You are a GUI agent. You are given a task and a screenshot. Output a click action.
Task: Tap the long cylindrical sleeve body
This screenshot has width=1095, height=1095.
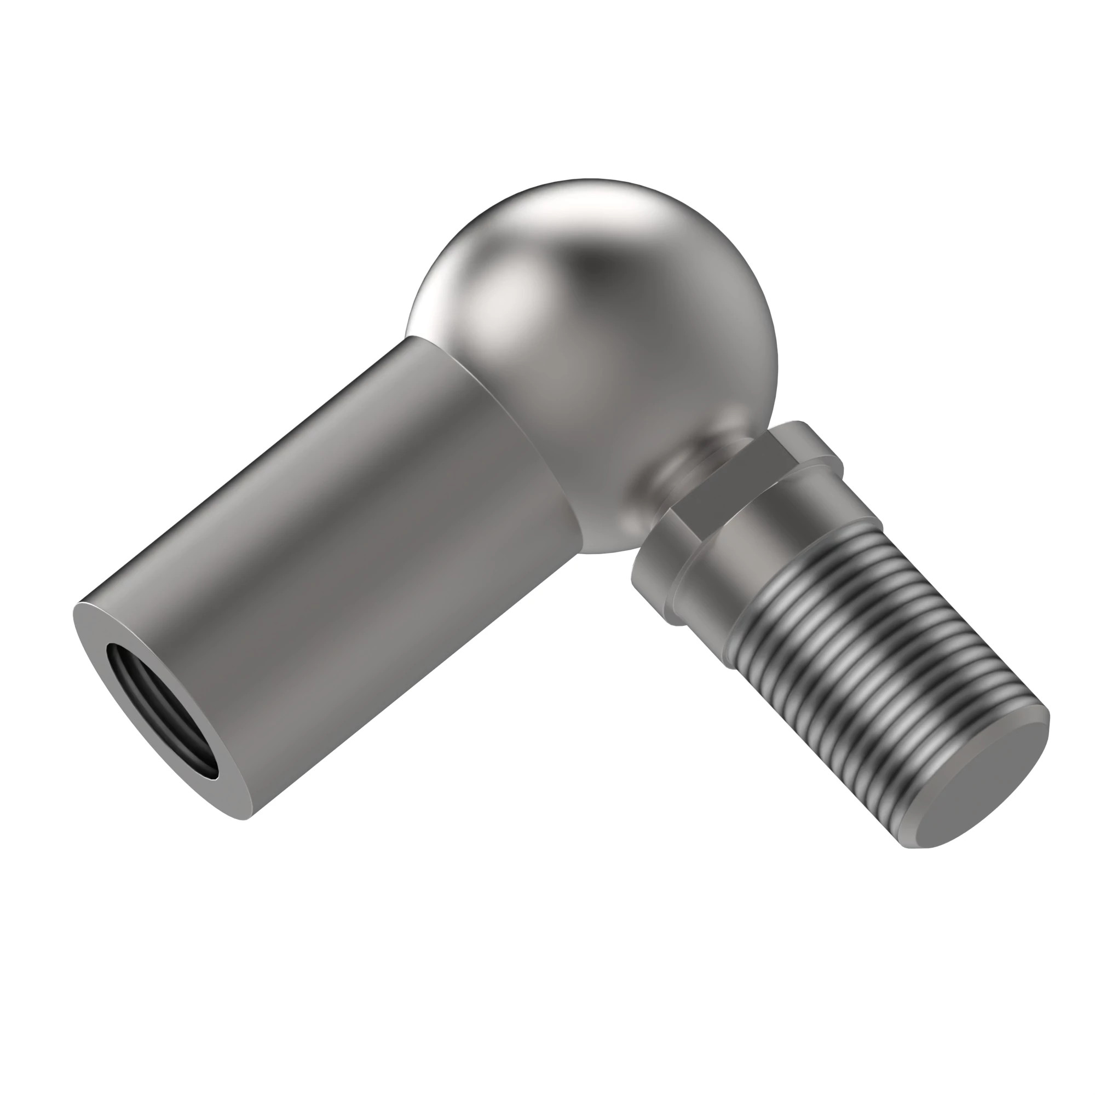click(340, 567)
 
